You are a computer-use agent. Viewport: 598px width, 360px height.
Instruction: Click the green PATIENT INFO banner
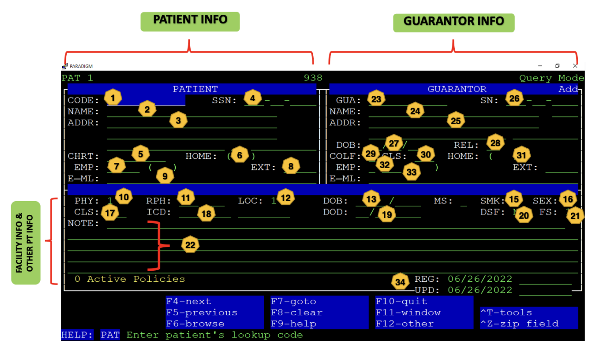point(190,21)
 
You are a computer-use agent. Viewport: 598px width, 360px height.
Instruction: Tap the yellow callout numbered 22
point(190,245)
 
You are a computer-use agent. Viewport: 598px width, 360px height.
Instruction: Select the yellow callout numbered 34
point(400,282)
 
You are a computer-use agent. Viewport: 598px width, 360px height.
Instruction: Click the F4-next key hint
point(188,302)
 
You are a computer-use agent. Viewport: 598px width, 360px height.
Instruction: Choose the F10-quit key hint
point(401,302)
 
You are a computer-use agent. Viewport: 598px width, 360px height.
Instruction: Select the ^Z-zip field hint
point(519,324)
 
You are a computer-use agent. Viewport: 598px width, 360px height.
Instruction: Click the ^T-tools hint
point(506,313)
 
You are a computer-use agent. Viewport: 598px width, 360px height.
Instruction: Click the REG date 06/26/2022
point(480,279)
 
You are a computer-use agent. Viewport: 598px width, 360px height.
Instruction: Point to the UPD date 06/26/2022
point(480,290)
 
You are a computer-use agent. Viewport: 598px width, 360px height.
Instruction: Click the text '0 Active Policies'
point(129,279)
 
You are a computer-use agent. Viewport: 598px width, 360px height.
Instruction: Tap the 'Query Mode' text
point(551,78)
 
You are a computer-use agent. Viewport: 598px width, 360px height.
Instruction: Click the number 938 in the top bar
point(313,78)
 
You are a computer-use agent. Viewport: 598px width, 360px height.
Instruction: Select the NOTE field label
point(83,223)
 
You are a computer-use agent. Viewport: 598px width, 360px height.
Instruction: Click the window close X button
point(575,66)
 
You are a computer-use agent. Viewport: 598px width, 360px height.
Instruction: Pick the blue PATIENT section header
point(195,89)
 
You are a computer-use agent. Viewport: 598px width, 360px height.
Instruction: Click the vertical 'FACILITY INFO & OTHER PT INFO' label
point(25,243)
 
